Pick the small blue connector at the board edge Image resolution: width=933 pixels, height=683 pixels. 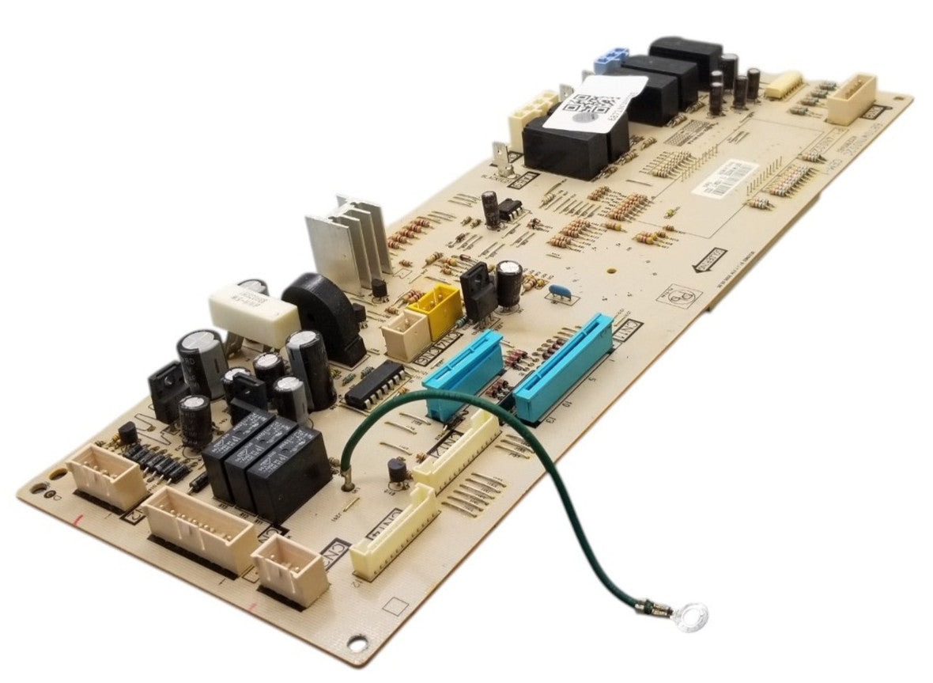pyautogui.click(x=606, y=59)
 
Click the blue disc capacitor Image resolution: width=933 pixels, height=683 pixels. pyautogui.click(x=561, y=290)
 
